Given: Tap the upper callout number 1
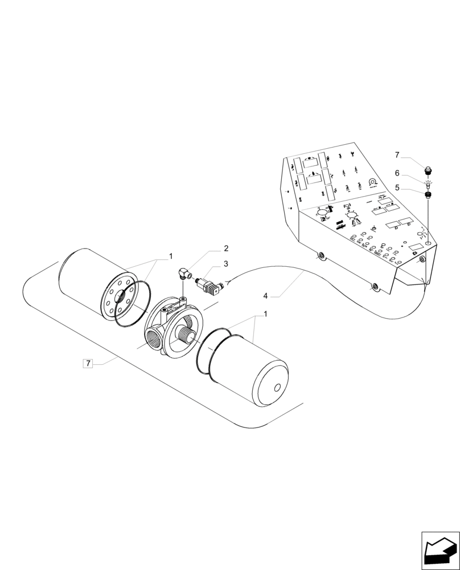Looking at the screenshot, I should pos(169,257).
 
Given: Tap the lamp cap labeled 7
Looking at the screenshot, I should pos(428,169).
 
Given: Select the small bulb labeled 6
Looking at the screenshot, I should pos(428,183).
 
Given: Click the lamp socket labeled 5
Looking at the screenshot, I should pos(428,195).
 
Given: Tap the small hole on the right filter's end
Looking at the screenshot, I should pos(277,389).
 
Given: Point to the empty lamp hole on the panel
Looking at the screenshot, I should pos(428,235).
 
